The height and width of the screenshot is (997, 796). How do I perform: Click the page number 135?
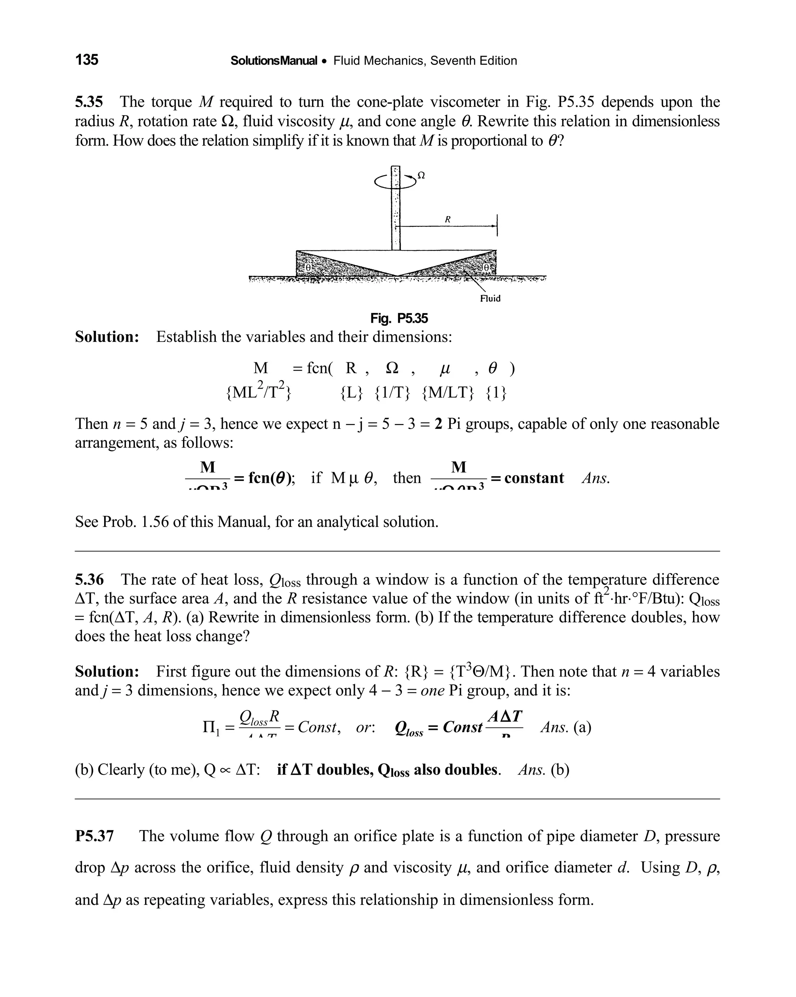click(87, 59)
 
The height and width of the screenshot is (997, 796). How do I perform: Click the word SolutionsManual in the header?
click(274, 61)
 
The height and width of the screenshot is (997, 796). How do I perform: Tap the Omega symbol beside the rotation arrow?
click(421, 175)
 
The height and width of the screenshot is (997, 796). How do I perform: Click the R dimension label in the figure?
click(447, 220)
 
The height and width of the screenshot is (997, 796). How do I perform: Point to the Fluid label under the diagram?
click(490, 298)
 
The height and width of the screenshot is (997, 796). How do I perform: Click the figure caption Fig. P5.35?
click(399, 318)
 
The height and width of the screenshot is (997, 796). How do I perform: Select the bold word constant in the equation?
click(534, 478)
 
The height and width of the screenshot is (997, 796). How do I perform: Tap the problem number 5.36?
click(89, 579)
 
